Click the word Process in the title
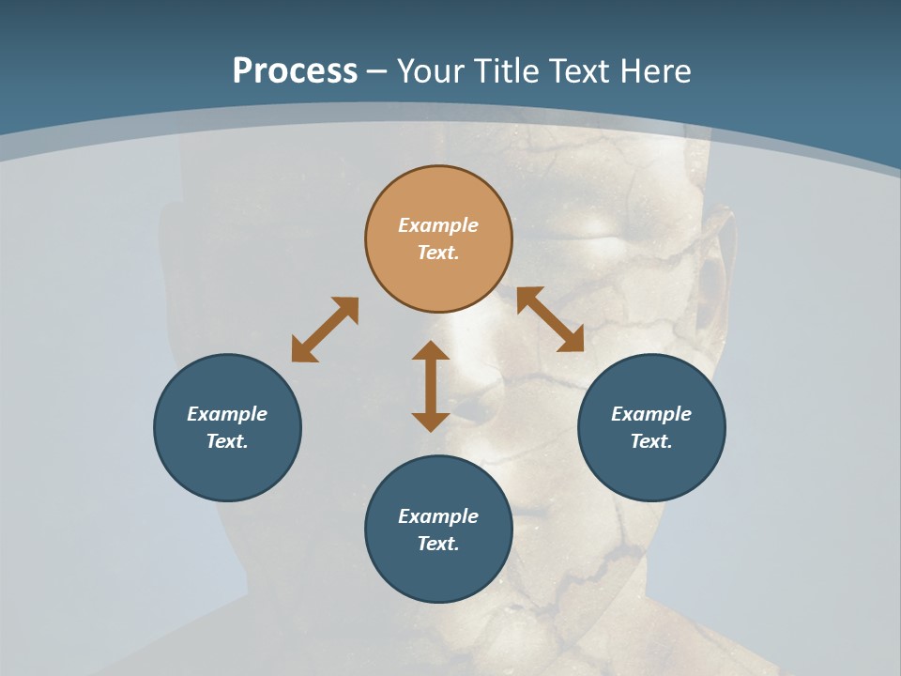(x=295, y=71)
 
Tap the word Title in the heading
(x=512, y=71)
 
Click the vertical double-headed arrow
(x=431, y=386)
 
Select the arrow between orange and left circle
(x=325, y=330)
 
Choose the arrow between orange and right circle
(x=550, y=319)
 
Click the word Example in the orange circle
(x=438, y=225)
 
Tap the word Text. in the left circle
(x=227, y=441)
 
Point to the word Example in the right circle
(x=651, y=414)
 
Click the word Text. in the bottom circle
(x=438, y=544)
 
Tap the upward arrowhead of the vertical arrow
(x=431, y=350)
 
